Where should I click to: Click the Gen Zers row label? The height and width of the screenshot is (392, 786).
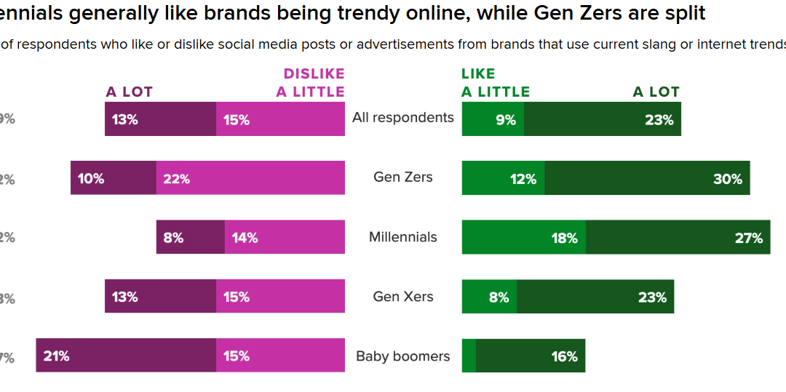(402, 177)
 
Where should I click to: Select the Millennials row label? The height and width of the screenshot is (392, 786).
(402, 236)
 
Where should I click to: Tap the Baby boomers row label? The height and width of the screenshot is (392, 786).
(402, 356)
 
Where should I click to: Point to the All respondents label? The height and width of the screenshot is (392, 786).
(402, 117)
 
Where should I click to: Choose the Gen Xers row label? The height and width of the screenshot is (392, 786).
(402, 297)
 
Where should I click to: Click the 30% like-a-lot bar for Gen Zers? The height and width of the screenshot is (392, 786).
(647, 177)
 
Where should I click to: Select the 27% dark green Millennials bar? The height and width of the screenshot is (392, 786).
(678, 237)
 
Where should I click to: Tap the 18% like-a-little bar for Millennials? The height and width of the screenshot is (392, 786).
(523, 237)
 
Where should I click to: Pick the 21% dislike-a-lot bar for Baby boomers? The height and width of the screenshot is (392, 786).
(126, 356)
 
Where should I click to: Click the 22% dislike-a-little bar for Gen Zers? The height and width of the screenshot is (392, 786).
(250, 177)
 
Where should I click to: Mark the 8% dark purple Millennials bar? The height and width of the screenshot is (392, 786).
(190, 237)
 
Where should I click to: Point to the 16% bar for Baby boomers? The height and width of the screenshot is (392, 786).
(530, 356)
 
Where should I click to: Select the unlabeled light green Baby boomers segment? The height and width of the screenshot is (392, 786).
(469, 356)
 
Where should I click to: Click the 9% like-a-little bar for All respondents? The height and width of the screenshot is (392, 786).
(493, 119)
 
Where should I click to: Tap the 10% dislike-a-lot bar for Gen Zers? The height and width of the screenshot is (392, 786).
(113, 177)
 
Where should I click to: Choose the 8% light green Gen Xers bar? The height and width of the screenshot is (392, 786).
(489, 297)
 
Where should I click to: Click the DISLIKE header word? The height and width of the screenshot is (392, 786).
(314, 73)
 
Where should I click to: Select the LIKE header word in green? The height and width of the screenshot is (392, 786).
(478, 73)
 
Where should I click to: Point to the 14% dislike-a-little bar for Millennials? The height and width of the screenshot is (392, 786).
(285, 237)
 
